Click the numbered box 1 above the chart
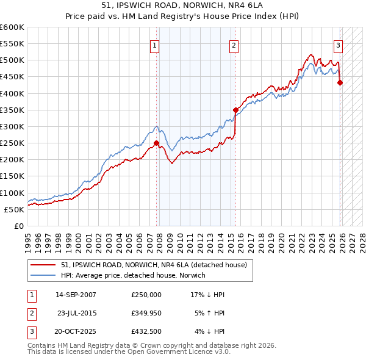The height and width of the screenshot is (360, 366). pyautogui.click(x=155, y=45)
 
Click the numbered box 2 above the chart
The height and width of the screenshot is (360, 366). pyautogui.click(x=234, y=45)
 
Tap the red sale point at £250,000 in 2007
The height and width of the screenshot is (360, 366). pyautogui.click(x=157, y=143)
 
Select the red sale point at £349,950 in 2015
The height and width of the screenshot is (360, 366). pyautogui.click(x=235, y=110)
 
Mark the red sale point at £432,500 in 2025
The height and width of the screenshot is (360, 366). pyautogui.click(x=340, y=83)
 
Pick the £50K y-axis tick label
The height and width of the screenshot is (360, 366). pyautogui.click(x=15, y=209)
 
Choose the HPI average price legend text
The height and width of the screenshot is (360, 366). pyautogui.click(x=133, y=275)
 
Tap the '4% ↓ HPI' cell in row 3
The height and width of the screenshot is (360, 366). pyautogui.click(x=210, y=332)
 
